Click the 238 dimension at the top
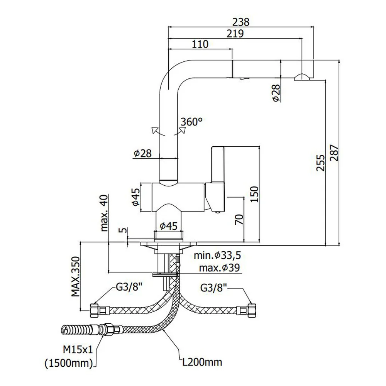click(x=241, y=22)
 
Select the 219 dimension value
click(x=235, y=34)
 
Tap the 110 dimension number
click(x=200, y=44)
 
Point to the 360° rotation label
click(x=191, y=122)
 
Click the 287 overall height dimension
click(x=334, y=153)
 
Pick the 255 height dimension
click(x=320, y=163)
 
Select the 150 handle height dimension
click(x=254, y=194)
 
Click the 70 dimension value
click(x=239, y=220)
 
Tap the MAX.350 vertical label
click(x=76, y=276)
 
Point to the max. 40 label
click(x=104, y=213)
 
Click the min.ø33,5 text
click(x=217, y=255)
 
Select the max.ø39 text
click(x=219, y=267)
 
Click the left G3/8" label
click(x=129, y=287)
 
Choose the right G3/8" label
click(x=213, y=288)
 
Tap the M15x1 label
click(x=78, y=349)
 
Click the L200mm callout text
click(x=202, y=362)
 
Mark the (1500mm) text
click(x=69, y=363)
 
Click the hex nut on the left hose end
click(x=94, y=310)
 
